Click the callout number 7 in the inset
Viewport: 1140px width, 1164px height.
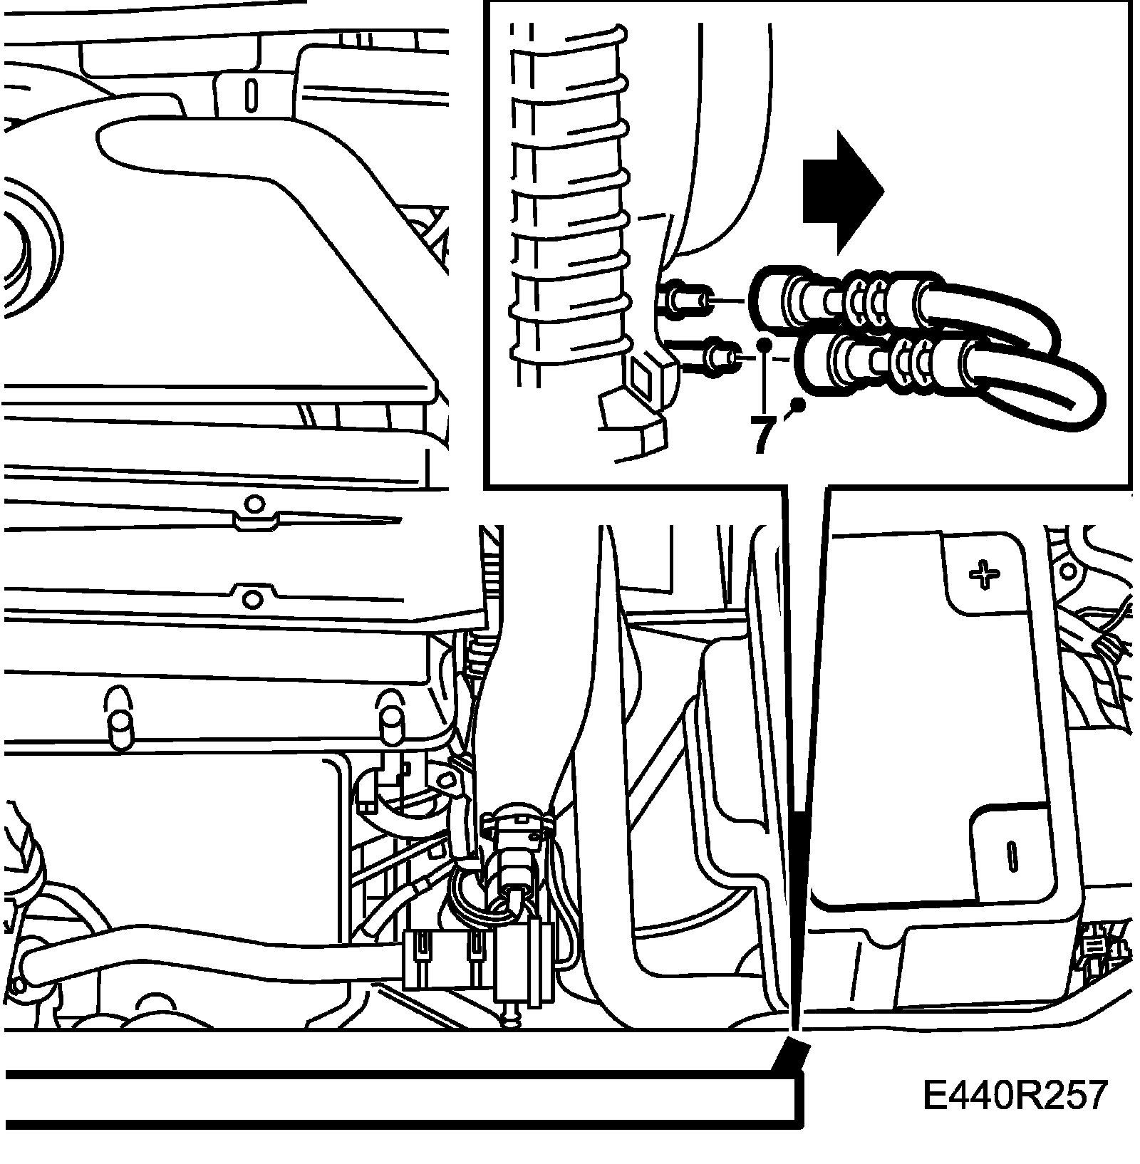click(x=762, y=434)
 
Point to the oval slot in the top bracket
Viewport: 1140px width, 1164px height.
click(x=250, y=94)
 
